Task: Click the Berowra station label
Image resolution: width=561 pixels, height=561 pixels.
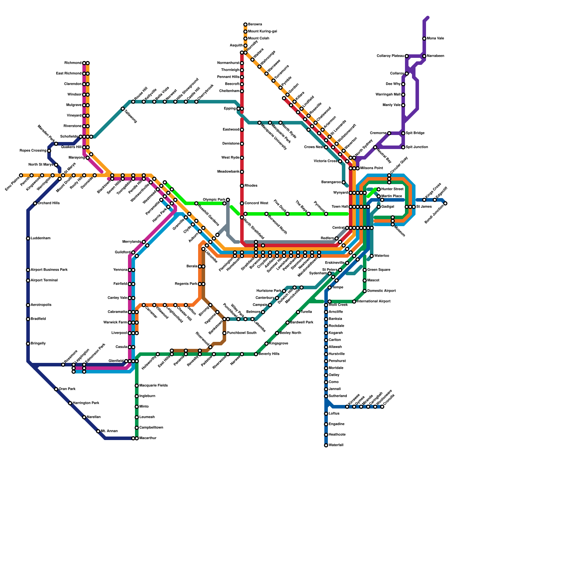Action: [255, 25]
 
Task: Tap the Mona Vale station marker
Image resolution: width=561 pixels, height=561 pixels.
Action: [424, 39]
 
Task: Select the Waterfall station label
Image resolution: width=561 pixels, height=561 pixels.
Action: [336, 445]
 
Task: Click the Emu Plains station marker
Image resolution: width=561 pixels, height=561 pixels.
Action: [21, 175]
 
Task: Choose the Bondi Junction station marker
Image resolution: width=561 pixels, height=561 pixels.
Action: [445, 203]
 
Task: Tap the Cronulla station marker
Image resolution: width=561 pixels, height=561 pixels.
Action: [382, 407]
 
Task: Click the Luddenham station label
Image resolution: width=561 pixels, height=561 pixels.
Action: [40, 238]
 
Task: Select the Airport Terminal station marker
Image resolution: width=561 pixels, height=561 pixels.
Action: [28, 280]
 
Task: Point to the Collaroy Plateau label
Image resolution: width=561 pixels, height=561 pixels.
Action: [390, 56]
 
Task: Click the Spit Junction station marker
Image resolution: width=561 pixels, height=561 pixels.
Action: [403, 147]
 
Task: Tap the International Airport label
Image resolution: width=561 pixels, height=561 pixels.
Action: [373, 302]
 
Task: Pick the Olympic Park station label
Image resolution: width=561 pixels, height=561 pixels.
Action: [214, 200]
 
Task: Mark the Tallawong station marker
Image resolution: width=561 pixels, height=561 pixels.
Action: [123, 109]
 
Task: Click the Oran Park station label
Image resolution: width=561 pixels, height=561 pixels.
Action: [67, 389]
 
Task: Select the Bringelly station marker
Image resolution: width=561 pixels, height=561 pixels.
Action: [28, 344]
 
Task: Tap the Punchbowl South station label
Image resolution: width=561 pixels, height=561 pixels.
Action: [242, 333]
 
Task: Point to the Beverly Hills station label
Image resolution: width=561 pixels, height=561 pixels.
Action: [269, 354]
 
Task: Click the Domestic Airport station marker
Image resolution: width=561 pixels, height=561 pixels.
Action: [365, 291]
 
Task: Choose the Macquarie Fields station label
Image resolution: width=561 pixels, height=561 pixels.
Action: [154, 386]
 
